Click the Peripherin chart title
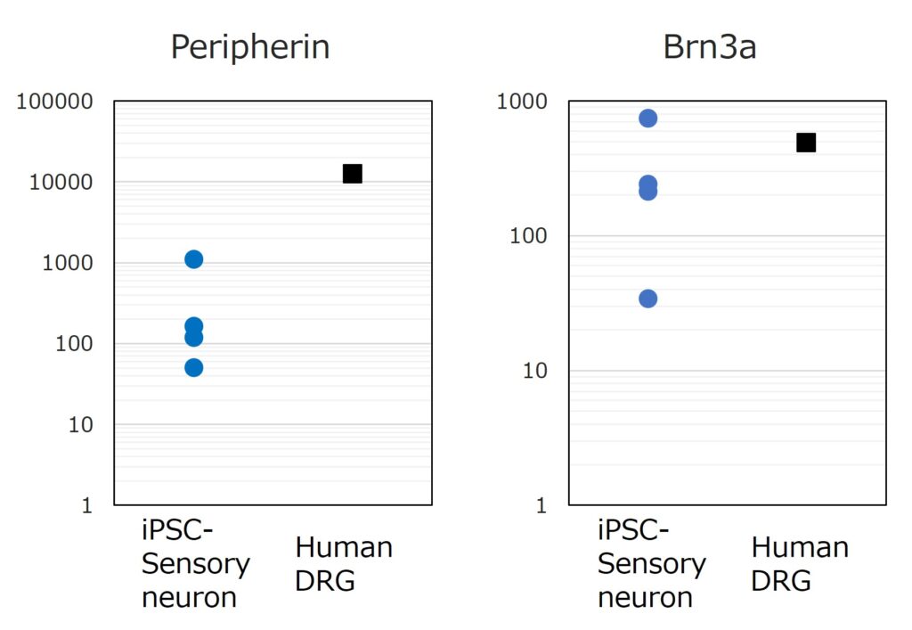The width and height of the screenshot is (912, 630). point(250,47)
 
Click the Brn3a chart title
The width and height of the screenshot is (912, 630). point(709,47)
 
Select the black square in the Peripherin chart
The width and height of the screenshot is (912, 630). point(352,174)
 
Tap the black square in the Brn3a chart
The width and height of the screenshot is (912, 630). point(806,143)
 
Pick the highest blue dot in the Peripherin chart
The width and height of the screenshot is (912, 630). point(194,259)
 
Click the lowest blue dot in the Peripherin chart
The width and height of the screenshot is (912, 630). point(194,367)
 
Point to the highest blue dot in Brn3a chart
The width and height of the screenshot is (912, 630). point(648,119)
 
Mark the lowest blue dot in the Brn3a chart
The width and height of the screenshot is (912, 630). point(648,299)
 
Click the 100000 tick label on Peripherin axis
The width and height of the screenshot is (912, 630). point(54,102)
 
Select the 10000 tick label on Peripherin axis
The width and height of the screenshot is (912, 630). point(61,183)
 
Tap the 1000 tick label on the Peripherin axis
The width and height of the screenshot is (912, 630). point(67,264)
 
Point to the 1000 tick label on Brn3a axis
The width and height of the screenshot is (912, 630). point(520,102)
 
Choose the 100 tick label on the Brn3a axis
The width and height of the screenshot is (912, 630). point(526,236)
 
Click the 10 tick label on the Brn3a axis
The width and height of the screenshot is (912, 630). point(533,371)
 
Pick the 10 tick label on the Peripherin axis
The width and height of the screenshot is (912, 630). point(80,425)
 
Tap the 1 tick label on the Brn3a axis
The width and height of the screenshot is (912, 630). point(540,506)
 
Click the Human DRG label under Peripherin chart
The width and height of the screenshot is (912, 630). point(344,564)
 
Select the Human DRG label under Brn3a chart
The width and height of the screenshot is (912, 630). point(799,564)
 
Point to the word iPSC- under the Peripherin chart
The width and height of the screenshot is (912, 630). point(178,532)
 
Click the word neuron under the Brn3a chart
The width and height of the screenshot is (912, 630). point(646,597)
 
